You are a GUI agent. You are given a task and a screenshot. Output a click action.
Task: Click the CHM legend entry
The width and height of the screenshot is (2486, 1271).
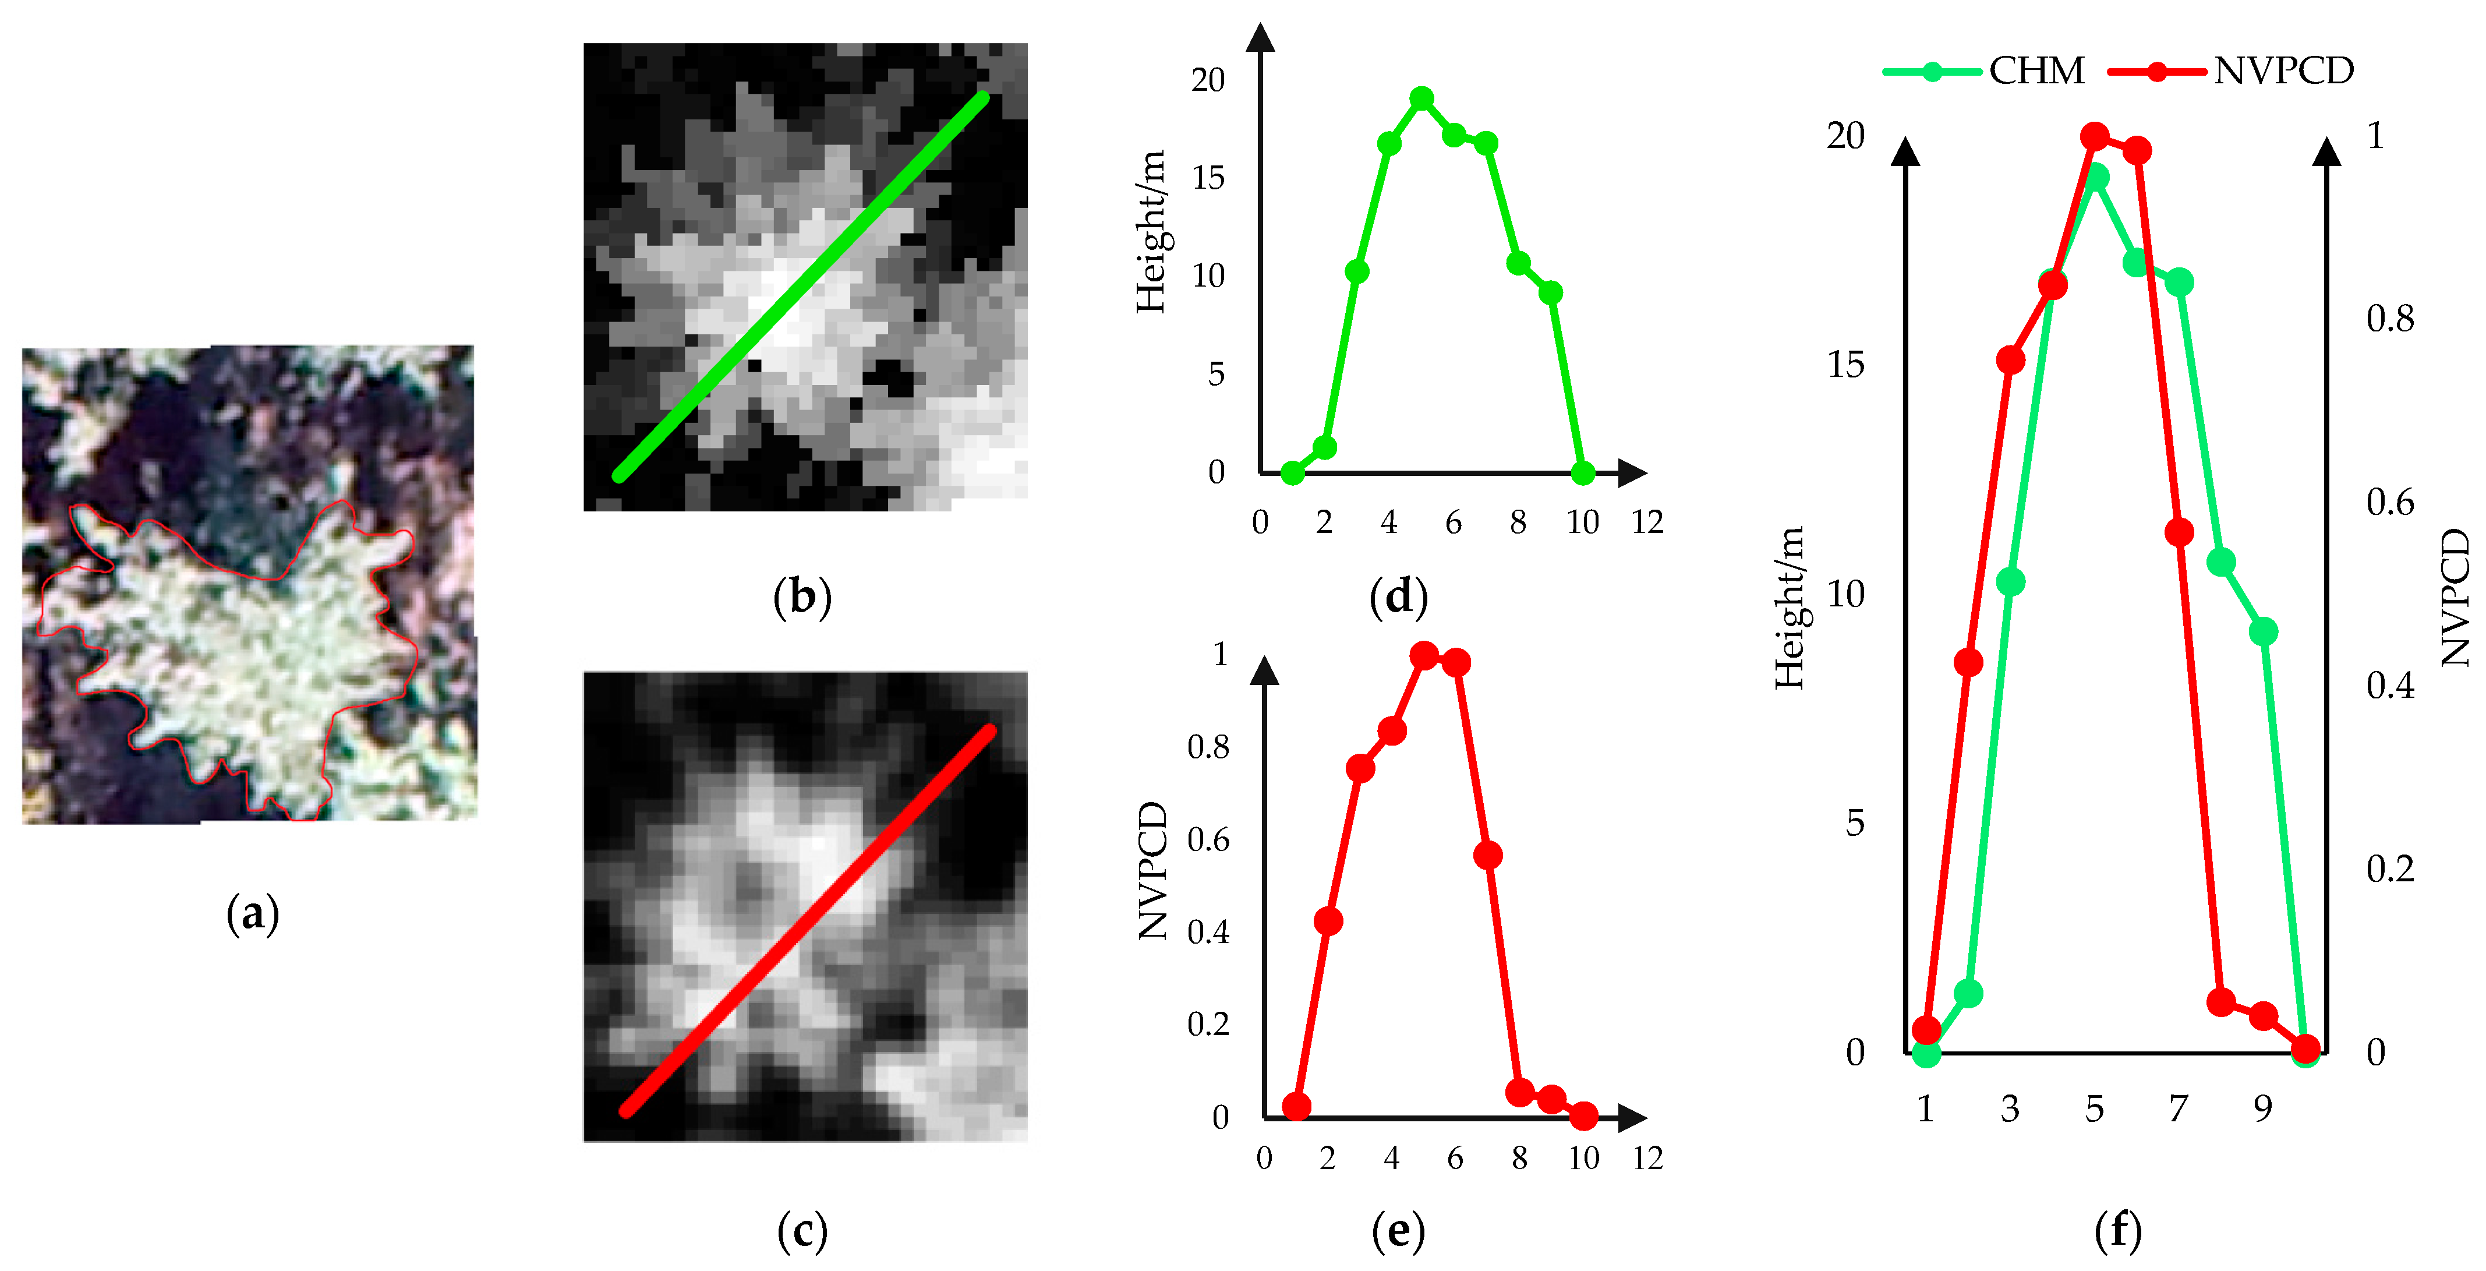(1983, 70)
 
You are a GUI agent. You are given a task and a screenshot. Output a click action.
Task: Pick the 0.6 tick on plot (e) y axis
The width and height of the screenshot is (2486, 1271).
(1207, 839)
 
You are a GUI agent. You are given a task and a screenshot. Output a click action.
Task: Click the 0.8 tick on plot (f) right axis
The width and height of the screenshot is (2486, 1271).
(2389, 319)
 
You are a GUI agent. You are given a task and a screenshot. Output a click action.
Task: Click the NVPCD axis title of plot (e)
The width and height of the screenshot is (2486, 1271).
(1152, 870)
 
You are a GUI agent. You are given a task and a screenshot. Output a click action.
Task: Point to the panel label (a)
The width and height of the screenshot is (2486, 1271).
(252, 913)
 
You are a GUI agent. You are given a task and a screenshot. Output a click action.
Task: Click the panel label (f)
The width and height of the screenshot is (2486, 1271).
(2117, 1230)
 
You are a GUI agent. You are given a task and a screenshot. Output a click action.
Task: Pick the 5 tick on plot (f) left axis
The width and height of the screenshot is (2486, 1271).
(1854, 823)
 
